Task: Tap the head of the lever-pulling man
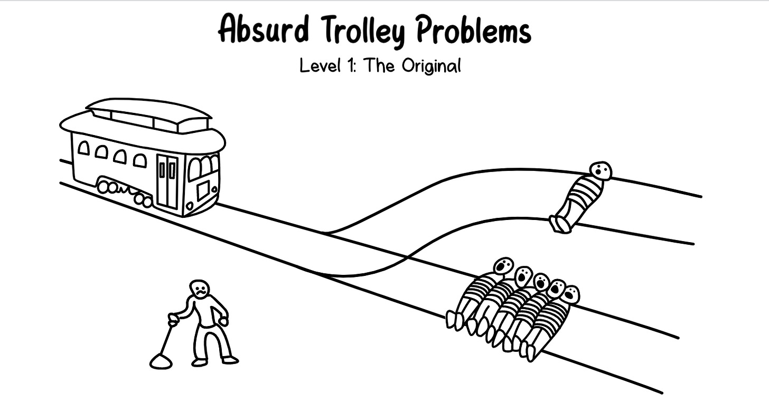200,288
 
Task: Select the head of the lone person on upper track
601,171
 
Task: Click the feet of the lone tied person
560,224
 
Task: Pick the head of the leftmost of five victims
503,265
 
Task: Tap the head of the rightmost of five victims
570,294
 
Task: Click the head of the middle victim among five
541,282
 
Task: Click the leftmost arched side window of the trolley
83,148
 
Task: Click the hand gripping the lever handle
173,318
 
